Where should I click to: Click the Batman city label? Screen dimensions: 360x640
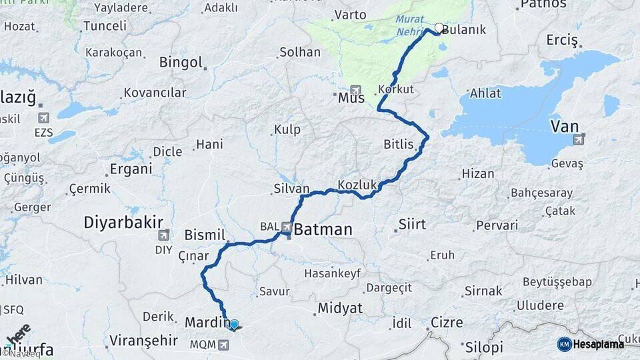click(323, 230)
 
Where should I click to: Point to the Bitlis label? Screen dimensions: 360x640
click(399, 145)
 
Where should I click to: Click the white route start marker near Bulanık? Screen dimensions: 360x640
click(439, 28)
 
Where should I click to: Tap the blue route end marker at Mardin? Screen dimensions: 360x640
click(233, 324)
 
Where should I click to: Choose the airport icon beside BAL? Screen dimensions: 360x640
click(287, 227)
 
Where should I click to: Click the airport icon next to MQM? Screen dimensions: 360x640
click(223, 345)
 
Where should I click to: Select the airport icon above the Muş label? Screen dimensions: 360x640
click(355, 89)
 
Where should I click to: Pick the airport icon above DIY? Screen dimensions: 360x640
click(163, 235)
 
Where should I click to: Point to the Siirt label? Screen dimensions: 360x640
click(412, 224)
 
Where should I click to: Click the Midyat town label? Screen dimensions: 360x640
click(340, 308)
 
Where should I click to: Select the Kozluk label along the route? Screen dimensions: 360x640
click(358, 184)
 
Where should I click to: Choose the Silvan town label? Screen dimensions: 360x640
click(291, 189)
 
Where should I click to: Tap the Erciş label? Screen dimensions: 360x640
click(562, 41)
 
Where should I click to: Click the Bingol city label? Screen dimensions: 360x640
click(181, 62)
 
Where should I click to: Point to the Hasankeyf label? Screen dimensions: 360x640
click(332, 273)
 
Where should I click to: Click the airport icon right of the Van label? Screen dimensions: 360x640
click(579, 139)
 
